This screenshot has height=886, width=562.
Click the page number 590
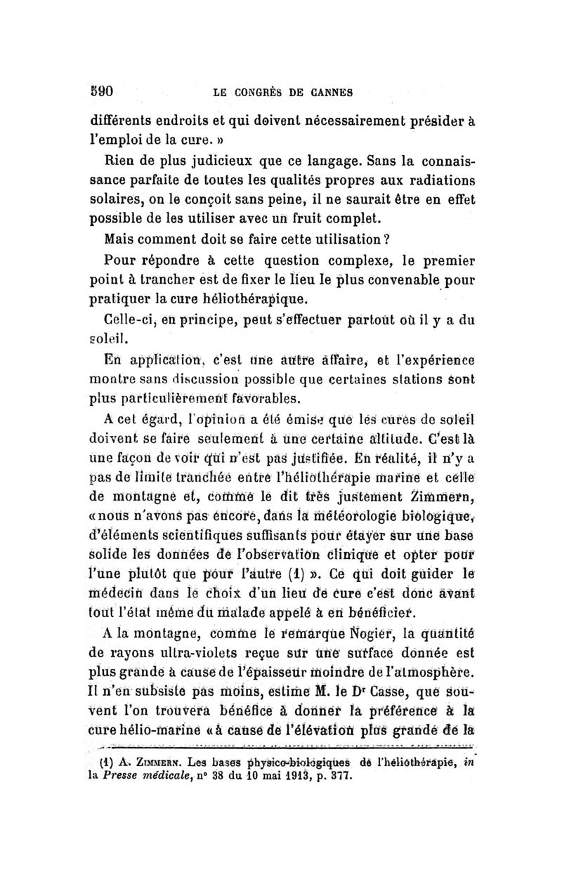pos(103,90)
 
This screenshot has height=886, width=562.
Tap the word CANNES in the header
pos(327,91)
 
